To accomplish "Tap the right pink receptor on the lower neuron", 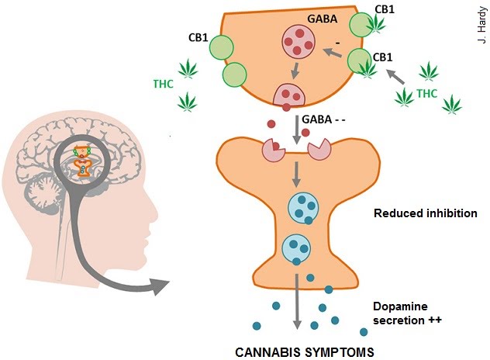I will pos(320,150).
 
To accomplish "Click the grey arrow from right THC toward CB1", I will pos(395,77).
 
